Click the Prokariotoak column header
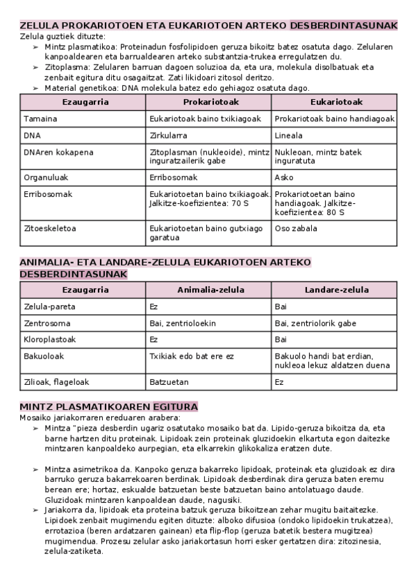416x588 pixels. (x=208, y=102)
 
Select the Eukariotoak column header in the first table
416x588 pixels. (x=333, y=102)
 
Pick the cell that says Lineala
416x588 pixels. (x=289, y=135)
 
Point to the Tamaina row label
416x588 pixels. (x=40, y=119)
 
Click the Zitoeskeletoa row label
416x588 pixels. (x=50, y=227)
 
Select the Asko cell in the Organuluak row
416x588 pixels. (x=284, y=178)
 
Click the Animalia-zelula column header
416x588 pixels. (x=208, y=289)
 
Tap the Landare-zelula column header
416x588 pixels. (x=333, y=289)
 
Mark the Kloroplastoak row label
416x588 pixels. (x=50, y=340)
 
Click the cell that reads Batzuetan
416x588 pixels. (x=169, y=381)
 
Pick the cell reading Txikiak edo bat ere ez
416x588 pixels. (x=192, y=356)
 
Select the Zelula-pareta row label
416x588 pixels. (x=49, y=306)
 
